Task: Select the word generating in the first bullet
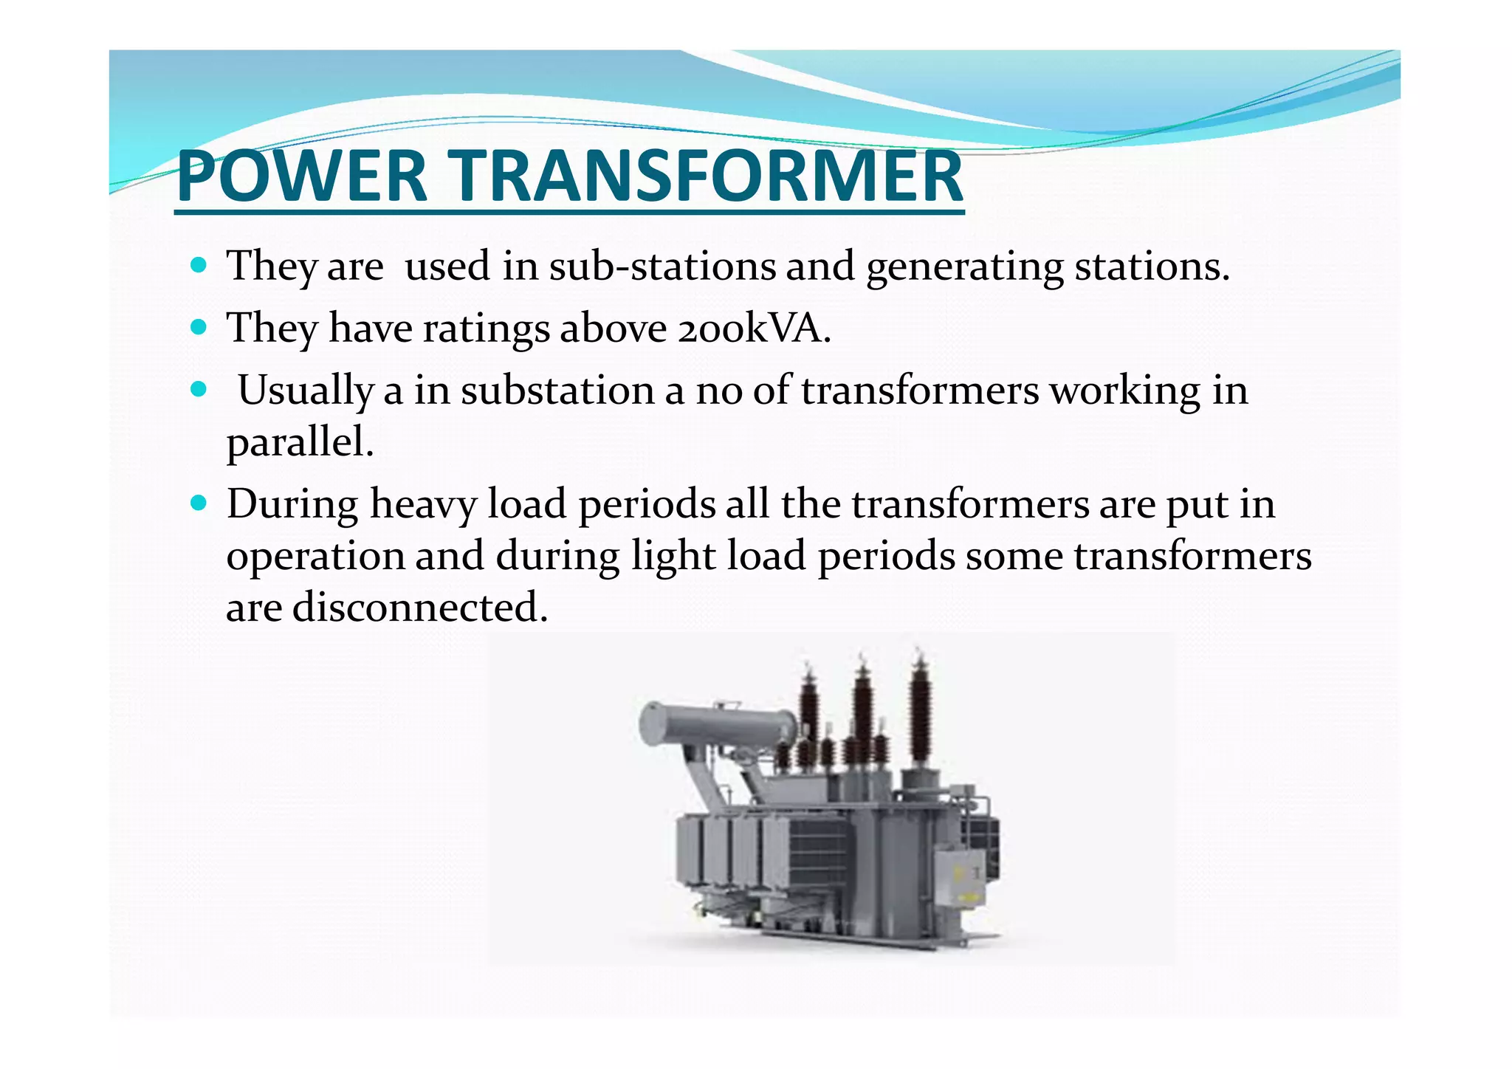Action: pos(964,267)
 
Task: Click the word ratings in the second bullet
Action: pos(486,329)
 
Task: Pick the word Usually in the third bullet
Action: pos(305,391)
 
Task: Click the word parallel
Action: pos(299,443)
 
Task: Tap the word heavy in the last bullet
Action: pos(423,506)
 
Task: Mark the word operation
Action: pos(315,557)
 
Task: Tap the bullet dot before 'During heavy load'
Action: pos(198,503)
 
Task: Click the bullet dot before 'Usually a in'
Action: pos(198,388)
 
